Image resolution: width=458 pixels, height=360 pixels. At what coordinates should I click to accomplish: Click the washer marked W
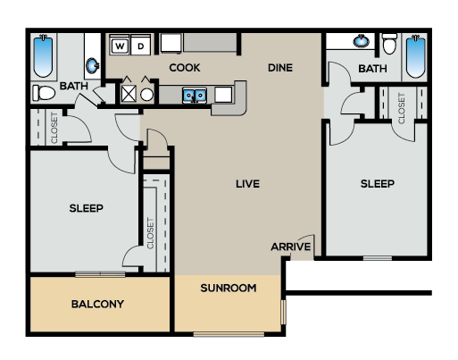120,46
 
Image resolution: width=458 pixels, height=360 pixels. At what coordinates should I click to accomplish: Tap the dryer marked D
140,46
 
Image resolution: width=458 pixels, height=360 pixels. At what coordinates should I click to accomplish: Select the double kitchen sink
195,96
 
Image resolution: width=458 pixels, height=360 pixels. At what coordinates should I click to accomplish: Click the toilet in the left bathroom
44,93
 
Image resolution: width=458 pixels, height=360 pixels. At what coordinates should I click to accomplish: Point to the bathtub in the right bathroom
415,56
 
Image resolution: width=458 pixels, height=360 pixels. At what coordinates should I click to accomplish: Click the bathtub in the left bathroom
43,56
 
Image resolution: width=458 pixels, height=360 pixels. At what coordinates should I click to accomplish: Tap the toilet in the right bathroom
389,44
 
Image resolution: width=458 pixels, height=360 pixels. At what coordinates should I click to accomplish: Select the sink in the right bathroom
361,41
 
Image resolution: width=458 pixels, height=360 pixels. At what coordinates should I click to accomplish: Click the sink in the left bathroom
93,65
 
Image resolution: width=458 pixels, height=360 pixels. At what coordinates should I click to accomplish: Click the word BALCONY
97,304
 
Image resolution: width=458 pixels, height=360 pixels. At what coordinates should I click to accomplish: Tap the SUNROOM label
229,288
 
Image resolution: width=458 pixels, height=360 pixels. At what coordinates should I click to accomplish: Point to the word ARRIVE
291,247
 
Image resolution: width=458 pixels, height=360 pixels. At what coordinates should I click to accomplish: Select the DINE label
280,68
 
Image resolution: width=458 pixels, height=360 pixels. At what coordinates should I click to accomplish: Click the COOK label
185,68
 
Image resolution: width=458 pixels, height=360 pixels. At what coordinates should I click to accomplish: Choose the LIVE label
247,184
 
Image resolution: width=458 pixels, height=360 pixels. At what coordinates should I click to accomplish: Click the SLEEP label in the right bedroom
378,184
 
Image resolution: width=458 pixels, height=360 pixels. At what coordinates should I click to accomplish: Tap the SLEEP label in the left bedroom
87,208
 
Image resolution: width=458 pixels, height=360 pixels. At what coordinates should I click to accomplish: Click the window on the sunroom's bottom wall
229,334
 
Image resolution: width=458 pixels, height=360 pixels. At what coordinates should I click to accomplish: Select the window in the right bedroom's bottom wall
378,258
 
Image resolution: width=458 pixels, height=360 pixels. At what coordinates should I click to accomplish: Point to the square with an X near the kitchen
129,94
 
